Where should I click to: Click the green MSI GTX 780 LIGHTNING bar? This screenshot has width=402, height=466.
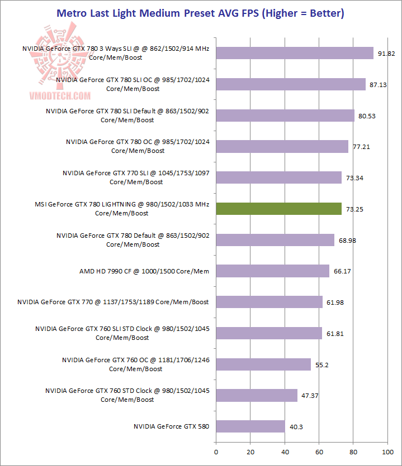click(x=278, y=209)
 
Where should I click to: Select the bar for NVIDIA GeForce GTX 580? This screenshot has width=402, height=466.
click(x=250, y=426)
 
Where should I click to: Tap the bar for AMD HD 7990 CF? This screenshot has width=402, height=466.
click(x=272, y=271)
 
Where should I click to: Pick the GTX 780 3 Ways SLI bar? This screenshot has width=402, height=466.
click(x=294, y=53)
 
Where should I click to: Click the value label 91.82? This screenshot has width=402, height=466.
click(x=386, y=54)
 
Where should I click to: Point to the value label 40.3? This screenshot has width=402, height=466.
click(x=296, y=427)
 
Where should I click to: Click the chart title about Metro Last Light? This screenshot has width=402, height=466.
click(x=201, y=12)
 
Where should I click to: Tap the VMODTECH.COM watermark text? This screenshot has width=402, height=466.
click(x=54, y=95)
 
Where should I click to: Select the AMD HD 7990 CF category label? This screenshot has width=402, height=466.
click(x=144, y=271)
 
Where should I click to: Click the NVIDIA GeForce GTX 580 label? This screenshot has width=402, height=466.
click(x=171, y=426)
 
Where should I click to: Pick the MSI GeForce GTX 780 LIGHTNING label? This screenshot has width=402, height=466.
click(x=122, y=209)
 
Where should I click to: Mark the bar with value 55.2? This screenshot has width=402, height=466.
click(x=263, y=364)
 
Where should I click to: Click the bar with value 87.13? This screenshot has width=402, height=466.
click(x=290, y=84)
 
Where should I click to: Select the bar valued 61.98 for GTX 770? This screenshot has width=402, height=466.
click(x=269, y=302)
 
